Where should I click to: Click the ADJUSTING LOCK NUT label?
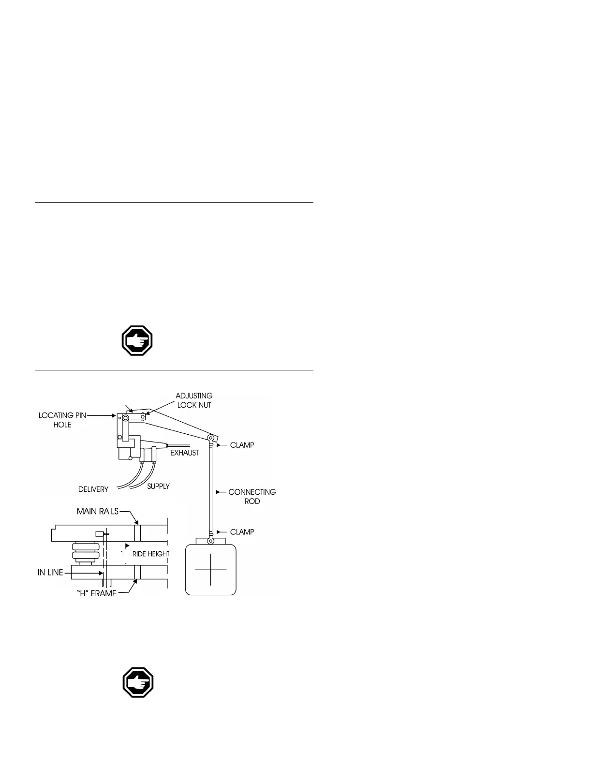tap(193, 400)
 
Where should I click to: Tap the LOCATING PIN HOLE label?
tap(63, 420)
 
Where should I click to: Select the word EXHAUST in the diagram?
tap(184, 453)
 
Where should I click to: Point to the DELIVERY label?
tap(93, 489)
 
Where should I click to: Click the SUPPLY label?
tap(158, 486)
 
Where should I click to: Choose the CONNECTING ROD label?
tap(252, 497)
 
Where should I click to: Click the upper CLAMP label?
tap(242, 445)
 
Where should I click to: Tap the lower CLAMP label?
tap(242, 532)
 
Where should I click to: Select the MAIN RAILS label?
tap(98, 511)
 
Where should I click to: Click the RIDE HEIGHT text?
tap(151, 554)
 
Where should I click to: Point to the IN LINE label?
tap(50, 573)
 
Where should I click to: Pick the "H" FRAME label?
tap(97, 593)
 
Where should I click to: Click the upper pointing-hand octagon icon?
tap(137, 341)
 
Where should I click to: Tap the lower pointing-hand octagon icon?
tap(138, 683)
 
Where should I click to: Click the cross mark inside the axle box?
tap(211, 570)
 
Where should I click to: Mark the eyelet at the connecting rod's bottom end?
tap(211, 534)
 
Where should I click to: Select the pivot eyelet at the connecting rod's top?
tap(211, 438)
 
